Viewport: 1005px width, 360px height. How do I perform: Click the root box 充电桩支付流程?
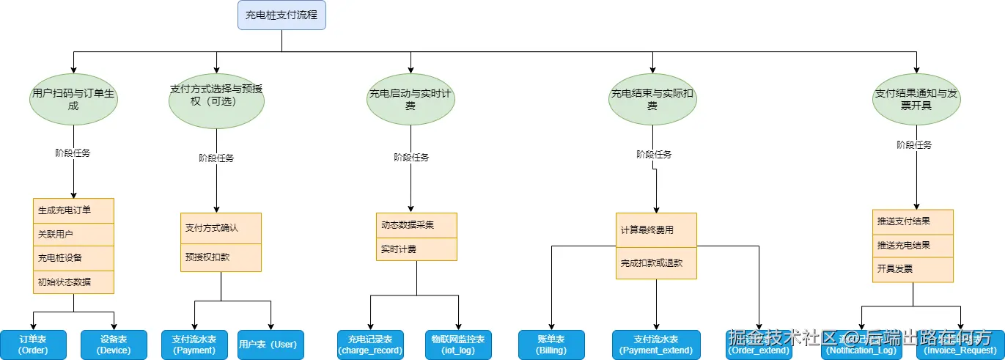coord(281,15)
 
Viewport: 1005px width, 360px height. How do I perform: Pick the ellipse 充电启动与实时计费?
coord(411,100)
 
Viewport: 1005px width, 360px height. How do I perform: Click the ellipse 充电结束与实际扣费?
coord(652,100)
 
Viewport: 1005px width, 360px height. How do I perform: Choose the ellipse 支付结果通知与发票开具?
coord(916,100)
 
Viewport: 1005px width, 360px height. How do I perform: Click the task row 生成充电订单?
coord(73,210)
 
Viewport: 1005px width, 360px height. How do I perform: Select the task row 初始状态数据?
coord(73,282)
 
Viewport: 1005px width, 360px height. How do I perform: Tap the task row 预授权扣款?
coord(221,257)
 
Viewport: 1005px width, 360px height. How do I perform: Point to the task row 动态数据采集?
coord(416,225)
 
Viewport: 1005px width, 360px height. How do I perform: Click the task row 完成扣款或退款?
coord(656,262)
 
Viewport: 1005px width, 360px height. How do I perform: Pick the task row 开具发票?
coord(913,269)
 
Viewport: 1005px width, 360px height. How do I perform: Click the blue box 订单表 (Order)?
coord(33,345)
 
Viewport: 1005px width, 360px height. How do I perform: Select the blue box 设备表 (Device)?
coord(114,345)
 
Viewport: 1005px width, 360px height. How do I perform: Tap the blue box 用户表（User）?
coord(270,345)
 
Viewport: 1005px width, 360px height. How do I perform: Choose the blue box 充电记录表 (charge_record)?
coord(370,345)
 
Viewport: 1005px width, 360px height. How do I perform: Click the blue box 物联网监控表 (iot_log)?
coord(458,345)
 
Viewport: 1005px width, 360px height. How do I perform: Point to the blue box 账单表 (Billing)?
coord(551,345)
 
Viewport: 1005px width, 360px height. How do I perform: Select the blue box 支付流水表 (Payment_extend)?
coord(656,345)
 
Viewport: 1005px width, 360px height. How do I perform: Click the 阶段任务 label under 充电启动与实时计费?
coord(411,158)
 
